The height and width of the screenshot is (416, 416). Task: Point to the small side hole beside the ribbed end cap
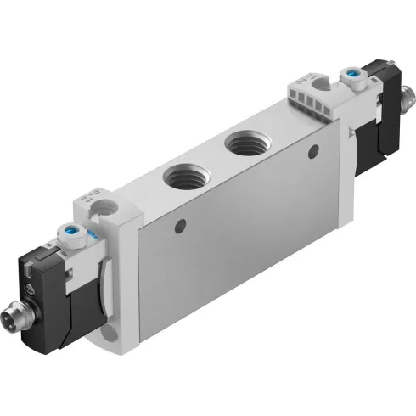click(314, 151)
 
